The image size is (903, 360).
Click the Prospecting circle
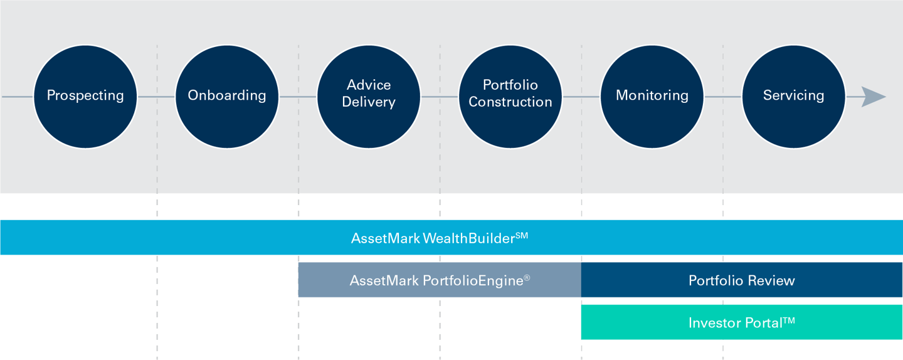(85, 97)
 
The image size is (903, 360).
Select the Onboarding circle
(227, 97)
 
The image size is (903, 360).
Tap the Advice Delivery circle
(369, 97)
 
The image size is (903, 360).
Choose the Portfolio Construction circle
(510, 97)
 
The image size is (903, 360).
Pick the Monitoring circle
(652, 97)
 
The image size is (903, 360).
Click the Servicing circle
(794, 97)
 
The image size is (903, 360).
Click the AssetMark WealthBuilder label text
(433, 238)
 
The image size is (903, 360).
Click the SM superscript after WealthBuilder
(522, 235)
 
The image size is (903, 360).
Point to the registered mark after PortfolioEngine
(527, 277)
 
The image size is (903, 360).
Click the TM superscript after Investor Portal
(789, 320)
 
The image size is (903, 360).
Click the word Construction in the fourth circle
(510, 102)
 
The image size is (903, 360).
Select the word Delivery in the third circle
(369, 102)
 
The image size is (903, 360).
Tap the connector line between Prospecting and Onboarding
(156, 97)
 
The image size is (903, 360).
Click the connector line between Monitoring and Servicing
(723, 97)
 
